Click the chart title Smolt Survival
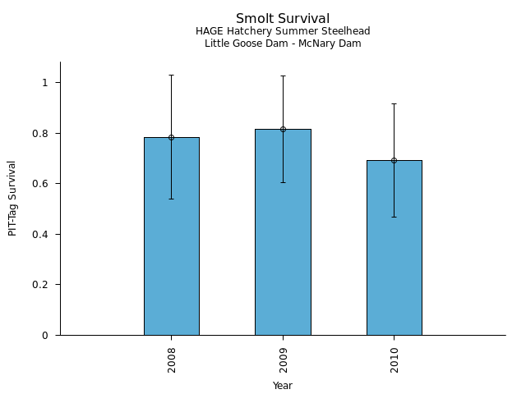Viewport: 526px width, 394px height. (283, 19)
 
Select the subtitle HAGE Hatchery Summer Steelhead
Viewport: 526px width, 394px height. (283, 31)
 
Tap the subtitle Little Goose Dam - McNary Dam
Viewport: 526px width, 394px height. (283, 44)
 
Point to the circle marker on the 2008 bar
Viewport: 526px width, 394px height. (171, 137)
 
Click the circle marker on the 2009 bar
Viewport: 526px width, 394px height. (283, 129)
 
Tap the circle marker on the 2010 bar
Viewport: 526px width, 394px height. (394, 160)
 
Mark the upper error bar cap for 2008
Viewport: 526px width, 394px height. (171, 75)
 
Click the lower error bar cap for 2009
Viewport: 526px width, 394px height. (283, 182)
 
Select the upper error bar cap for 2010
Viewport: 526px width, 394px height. (394, 103)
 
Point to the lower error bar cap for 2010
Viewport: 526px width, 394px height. (394, 217)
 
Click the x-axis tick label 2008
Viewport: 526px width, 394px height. (171, 360)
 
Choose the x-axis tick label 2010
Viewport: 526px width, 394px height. (394, 360)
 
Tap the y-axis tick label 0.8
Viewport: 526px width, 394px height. (44, 133)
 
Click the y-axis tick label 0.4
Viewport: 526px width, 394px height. (44, 234)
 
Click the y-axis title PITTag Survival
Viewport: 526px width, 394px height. (12, 198)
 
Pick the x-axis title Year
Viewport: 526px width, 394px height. (283, 386)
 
